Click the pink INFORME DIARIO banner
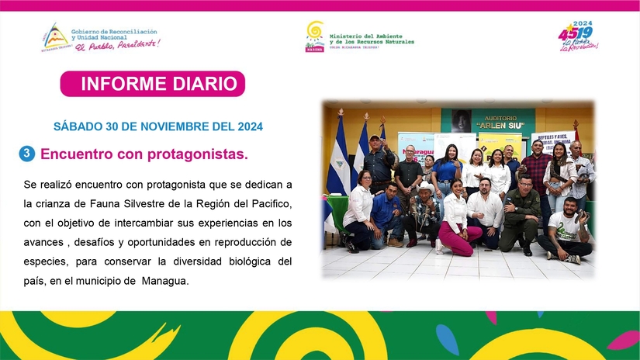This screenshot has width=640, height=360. (x=153, y=84)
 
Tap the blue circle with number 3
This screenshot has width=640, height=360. (x=27, y=154)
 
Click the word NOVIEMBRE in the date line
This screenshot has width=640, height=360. (x=170, y=126)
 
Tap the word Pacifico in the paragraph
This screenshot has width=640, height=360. (x=268, y=203)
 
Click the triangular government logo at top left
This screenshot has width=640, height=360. (x=54, y=35)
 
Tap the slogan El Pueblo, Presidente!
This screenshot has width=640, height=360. (x=118, y=44)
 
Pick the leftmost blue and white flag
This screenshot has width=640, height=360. (x=338, y=159)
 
